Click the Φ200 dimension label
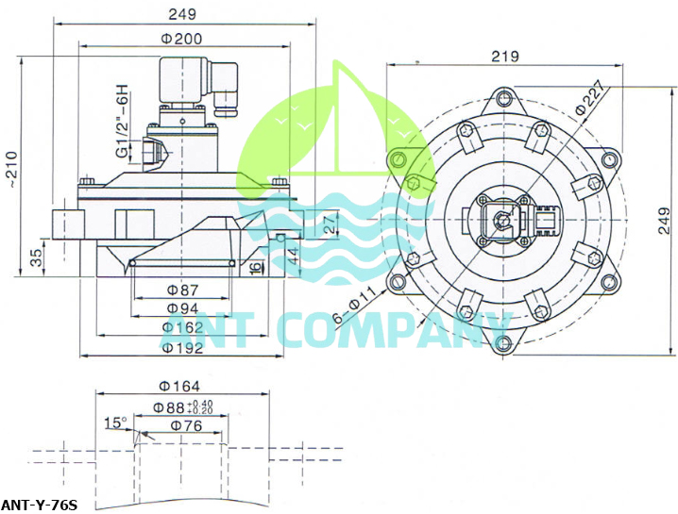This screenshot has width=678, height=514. coord(181,38)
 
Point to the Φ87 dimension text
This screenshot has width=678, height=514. coord(181,290)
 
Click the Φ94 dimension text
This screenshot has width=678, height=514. coord(181,308)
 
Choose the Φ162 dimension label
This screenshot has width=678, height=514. coord(181,327)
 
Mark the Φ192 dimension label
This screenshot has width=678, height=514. coord(181,347)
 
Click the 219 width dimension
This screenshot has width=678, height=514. coord(505,56)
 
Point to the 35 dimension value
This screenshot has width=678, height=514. coord(36,257)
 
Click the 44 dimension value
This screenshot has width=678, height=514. coord(293,253)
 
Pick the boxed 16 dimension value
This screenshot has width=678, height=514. coord(256,268)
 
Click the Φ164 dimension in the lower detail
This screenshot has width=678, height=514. coord(179,385)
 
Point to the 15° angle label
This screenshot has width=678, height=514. coord(115,423)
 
